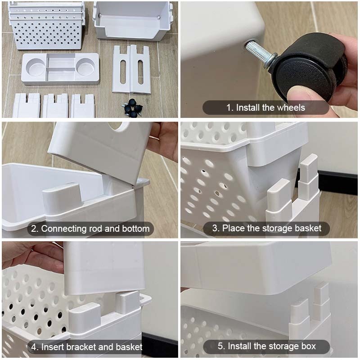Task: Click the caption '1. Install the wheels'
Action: (265, 108)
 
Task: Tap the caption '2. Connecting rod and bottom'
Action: (90, 229)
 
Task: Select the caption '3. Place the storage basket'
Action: (267, 228)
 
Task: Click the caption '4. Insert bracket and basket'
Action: (87, 346)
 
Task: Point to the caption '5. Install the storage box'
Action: (267, 346)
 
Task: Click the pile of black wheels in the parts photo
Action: (132, 108)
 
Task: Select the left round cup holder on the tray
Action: (36, 67)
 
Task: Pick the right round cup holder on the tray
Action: (85, 67)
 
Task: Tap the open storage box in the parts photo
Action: (133, 21)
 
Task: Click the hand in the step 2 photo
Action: (163, 140)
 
